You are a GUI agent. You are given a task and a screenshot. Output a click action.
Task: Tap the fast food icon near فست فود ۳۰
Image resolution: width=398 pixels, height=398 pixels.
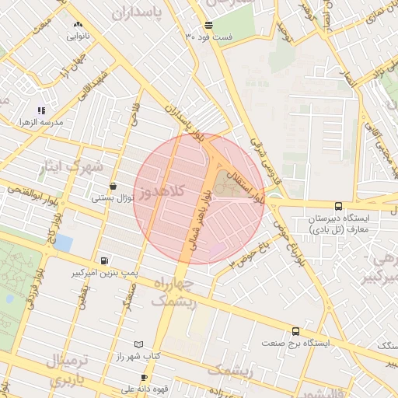[209, 26]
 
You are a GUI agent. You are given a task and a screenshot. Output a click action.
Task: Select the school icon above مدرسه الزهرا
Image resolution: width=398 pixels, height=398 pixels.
[40, 111]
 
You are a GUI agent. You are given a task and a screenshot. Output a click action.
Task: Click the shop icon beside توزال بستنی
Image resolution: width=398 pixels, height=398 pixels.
[114, 187]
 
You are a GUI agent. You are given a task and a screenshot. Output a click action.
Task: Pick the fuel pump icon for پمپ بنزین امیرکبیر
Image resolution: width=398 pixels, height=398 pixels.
[104, 261]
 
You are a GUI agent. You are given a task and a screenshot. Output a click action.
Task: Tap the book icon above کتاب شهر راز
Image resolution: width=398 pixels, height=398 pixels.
[138, 344]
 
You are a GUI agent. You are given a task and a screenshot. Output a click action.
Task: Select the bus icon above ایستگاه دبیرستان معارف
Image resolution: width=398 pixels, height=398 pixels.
[337, 206]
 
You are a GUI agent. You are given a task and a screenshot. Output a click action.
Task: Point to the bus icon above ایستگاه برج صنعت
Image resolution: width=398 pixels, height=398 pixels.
[295, 331]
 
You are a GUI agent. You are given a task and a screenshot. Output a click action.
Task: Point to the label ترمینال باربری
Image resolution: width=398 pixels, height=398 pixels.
[68, 372]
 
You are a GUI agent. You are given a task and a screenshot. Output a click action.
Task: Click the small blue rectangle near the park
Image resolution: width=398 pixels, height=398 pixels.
[63, 243]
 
